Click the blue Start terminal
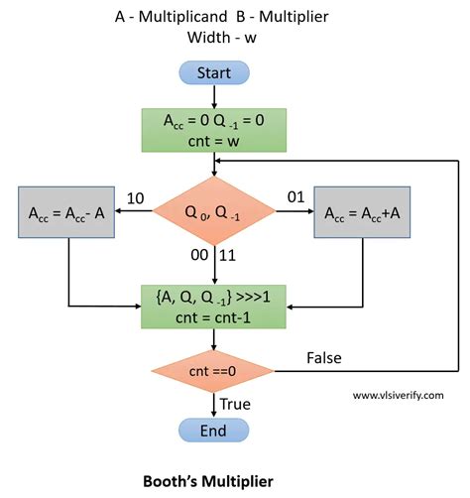(x=214, y=73)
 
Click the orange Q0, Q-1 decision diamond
(x=214, y=212)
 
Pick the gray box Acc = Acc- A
(x=68, y=212)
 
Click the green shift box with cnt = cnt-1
(x=214, y=305)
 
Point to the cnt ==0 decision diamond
(x=214, y=371)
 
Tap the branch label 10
(x=137, y=199)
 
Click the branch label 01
(x=294, y=199)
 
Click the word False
(x=324, y=356)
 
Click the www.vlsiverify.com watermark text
(x=399, y=395)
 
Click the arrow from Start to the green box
(x=214, y=96)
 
